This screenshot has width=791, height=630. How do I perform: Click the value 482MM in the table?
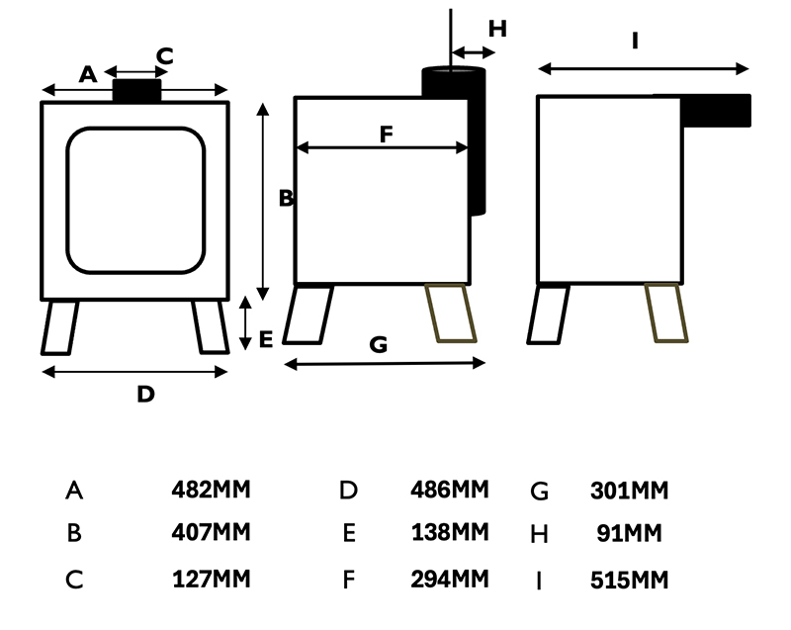[211, 490]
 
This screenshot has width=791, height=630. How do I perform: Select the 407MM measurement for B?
[211, 533]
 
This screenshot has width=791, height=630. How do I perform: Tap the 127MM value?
[211, 579]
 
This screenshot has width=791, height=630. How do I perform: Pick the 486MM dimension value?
[450, 490]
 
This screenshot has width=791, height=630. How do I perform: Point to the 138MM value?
[450, 533]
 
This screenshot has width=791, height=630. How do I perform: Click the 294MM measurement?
[450, 579]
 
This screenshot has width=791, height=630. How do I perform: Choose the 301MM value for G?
[629, 491]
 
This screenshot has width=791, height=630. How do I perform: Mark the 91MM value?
[629, 534]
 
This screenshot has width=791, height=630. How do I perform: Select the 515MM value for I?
[629, 580]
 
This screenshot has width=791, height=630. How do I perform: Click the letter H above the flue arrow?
[496, 29]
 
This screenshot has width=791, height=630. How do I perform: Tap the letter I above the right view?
[636, 42]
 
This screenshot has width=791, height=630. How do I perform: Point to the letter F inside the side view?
[386, 135]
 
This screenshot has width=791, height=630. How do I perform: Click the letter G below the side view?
[378, 345]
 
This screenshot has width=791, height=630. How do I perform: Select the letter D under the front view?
[145, 394]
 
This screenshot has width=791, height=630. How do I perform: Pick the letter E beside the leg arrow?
[265, 340]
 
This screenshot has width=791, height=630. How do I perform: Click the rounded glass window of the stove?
[135, 200]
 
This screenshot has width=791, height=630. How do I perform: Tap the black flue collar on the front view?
[136, 91]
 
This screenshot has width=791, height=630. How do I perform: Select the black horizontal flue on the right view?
[716, 111]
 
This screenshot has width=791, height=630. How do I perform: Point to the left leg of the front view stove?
[59, 327]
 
